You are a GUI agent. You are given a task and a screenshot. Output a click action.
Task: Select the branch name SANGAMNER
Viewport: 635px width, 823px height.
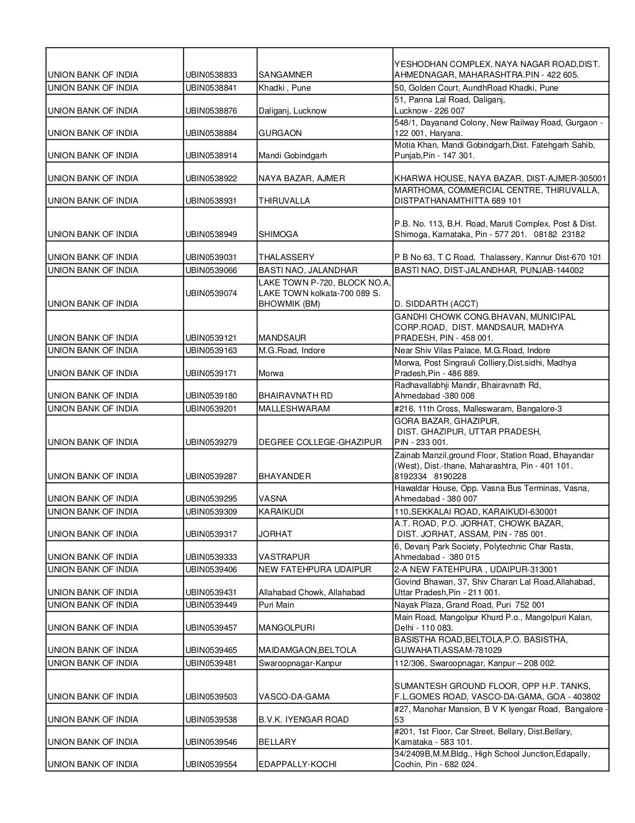coord(285,75)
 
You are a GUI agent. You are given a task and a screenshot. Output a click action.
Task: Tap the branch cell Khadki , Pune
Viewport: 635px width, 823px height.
coord(285,88)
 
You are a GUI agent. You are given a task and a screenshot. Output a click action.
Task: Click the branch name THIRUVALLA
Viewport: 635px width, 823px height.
coord(283,200)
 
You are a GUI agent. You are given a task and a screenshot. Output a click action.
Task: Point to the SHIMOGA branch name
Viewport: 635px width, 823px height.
coord(278,234)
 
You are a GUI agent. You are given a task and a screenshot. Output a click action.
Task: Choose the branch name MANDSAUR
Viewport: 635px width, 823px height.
coord(282,338)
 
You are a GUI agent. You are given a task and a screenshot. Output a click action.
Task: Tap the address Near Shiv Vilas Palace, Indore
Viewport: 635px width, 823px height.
coord(472,350)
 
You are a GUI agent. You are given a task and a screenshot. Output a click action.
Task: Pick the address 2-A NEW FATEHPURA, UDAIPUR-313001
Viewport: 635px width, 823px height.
coord(476,569)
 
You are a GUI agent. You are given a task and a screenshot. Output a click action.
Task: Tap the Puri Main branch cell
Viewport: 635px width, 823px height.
coord(276,605)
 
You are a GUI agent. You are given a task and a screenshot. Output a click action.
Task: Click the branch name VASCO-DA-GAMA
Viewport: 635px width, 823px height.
coord(294,696)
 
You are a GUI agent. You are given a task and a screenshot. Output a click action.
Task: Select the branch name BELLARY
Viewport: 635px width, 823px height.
coord(277,742)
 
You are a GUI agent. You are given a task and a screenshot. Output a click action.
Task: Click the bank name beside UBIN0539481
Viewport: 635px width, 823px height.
coord(93,663)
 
